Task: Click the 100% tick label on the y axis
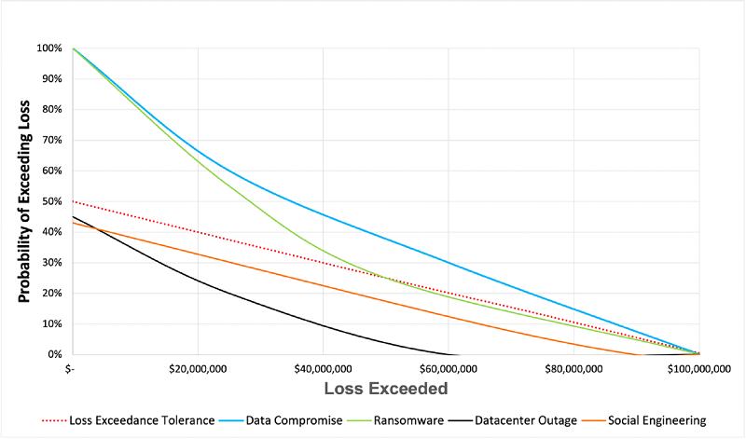pyautogui.click(x=49, y=48)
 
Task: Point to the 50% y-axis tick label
pyautogui.click(x=52, y=201)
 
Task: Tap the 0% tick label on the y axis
pyautogui.click(x=55, y=355)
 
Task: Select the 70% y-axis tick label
pyautogui.click(x=52, y=140)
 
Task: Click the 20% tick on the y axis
pyautogui.click(x=52, y=294)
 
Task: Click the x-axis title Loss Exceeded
pyautogui.click(x=385, y=387)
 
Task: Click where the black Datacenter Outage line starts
pyautogui.click(x=73, y=216)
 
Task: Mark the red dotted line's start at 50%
pyautogui.click(x=73, y=201)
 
